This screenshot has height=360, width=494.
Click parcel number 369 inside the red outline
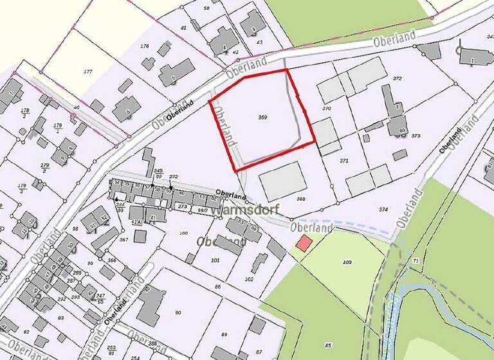pyautogui.click(x=262, y=117)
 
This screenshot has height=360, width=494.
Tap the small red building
pyautogui.click(x=304, y=243)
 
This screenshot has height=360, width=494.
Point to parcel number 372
pyautogui.click(x=398, y=78)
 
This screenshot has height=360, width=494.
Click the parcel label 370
pyautogui.click(x=326, y=109)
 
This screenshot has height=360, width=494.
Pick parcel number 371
pyautogui.click(x=343, y=159)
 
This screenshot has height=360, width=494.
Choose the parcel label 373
pyautogui.click(x=416, y=136)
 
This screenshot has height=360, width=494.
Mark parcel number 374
pyautogui.click(x=383, y=210)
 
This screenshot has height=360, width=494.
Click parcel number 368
pyautogui.click(x=300, y=199)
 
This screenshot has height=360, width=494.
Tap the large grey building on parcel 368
pyautogui.click(x=281, y=181)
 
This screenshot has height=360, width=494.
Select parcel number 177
pyautogui.click(x=88, y=71)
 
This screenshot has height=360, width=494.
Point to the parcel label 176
pyautogui.click(x=144, y=46)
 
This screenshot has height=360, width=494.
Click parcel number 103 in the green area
pyautogui.click(x=347, y=262)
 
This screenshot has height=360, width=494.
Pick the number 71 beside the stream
pyautogui.click(x=416, y=260)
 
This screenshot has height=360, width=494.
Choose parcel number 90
pyautogui.click(x=178, y=312)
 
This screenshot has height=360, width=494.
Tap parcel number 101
pyautogui.click(x=215, y=260)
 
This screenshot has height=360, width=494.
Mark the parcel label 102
pyautogui.click(x=249, y=279)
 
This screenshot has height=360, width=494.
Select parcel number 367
pyautogui.click(x=123, y=240)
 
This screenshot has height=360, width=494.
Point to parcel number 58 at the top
pyautogui.click(x=206, y=8)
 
